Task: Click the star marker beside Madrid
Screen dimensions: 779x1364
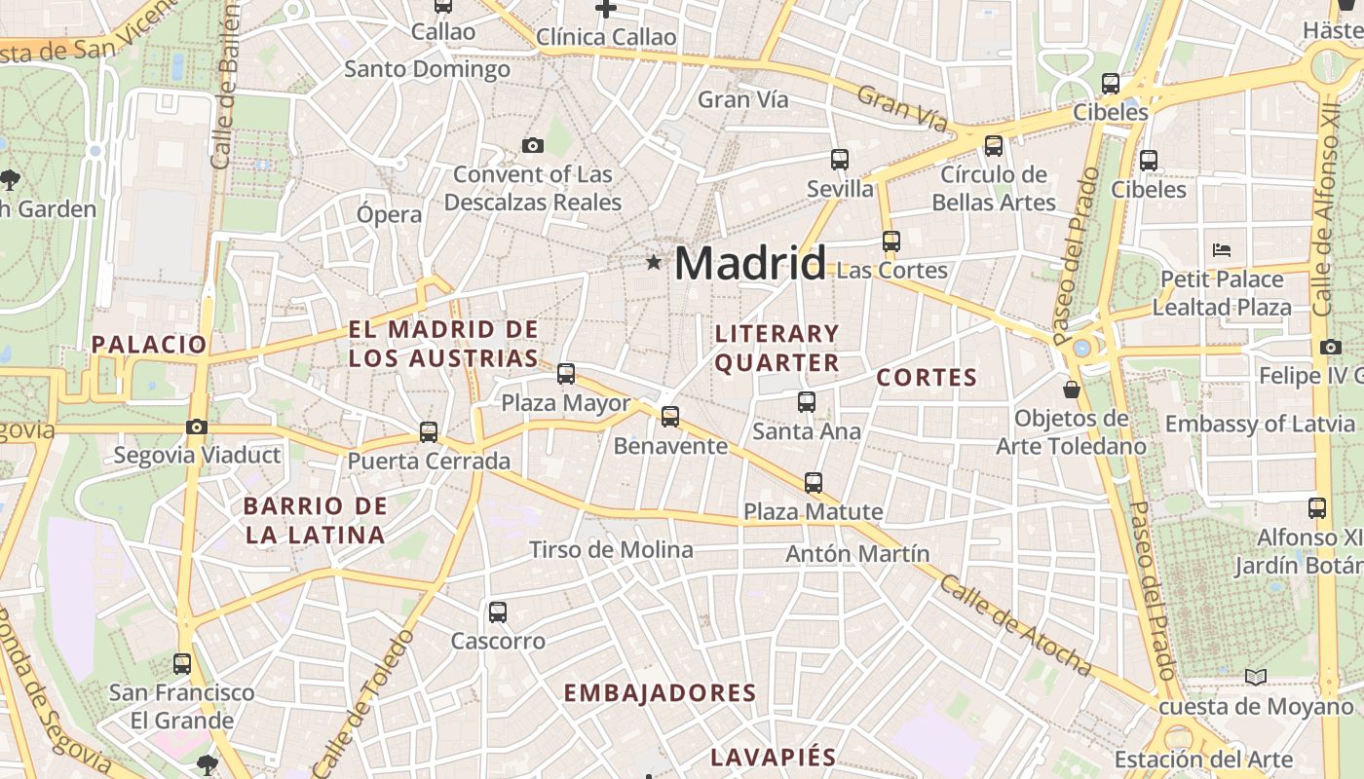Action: tap(653, 262)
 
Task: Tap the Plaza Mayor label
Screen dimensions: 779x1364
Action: tap(565, 403)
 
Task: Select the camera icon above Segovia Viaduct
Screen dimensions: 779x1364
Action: tap(197, 427)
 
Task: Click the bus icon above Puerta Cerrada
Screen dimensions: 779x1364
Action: tap(429, 431)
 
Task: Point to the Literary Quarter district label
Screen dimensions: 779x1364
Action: tap(777, 348)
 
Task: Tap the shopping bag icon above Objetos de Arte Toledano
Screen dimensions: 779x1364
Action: tap(1072, 389)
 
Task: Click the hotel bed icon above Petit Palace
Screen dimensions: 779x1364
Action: tap(1222, 250)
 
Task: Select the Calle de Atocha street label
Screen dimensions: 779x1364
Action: tap(1015, 624)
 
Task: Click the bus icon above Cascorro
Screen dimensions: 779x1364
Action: tap(498, 612)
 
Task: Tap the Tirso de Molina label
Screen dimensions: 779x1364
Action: tap(611, 550)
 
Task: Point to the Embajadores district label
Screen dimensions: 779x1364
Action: tap(660, 693)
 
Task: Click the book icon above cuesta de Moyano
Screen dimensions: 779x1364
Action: tap(1256, 677)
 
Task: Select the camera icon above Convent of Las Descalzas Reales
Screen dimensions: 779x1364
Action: tap(532, 146)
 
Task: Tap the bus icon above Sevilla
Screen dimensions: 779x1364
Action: tap(840, 159)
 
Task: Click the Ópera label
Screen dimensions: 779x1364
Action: tap(389, 214)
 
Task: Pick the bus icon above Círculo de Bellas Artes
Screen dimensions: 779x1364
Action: tap(994, 146)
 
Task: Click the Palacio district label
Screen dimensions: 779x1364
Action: tap(149, 344)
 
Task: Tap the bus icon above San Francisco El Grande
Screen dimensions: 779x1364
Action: tap(182, 664)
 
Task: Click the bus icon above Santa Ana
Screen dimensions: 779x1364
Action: tap(807, 401)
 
